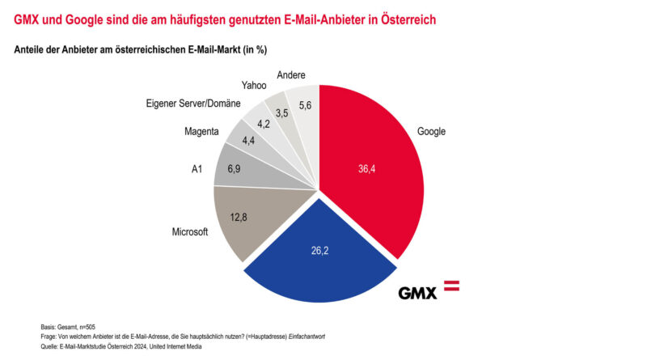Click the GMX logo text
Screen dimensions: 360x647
pos(418,292)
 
